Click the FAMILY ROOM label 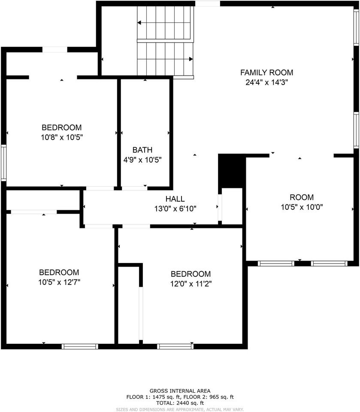click(266, 73)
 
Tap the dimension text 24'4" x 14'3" click(266, 82)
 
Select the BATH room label click(142, 150)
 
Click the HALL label click(175, 199)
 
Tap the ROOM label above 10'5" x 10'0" click(302, 197)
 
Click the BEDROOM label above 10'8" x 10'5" click(61, 127)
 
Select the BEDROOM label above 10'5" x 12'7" click(59, 273)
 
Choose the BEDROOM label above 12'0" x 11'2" click(191, 274)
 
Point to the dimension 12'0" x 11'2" click(191, 284)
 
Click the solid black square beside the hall click(231, 171)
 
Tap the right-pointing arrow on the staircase click(190, 59)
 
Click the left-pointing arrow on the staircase click(139, 23)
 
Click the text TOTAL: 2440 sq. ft click(180, 403)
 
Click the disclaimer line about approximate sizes click(180, 409)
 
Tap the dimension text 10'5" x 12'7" click(59, 282)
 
